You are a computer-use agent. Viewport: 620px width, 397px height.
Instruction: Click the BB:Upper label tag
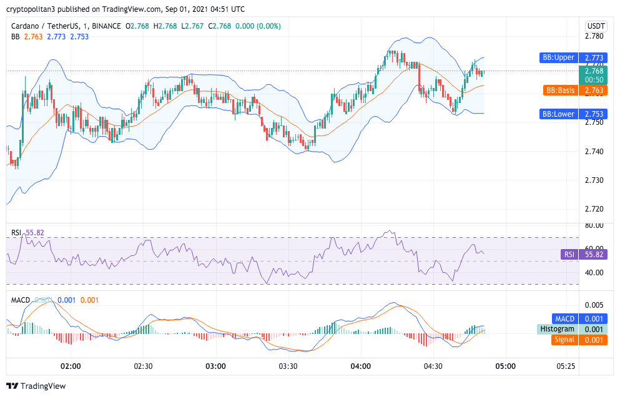[558, 58]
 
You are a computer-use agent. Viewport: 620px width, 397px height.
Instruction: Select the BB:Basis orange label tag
[559, 91]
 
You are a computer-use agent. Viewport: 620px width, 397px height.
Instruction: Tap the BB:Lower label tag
[558, 114]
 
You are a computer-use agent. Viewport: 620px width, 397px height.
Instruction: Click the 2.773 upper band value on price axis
[594, 58]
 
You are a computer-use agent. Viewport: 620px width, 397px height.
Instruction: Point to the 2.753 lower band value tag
[594, 114]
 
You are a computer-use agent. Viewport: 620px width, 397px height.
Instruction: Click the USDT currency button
[596, 26]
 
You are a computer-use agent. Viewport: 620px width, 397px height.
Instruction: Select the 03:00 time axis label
[215, 366]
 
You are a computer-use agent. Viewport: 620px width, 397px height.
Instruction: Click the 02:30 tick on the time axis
[143, 366]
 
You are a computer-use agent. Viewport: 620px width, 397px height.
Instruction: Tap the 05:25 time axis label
[566, 366]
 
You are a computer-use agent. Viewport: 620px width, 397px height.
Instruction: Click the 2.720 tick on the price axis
[594, 209]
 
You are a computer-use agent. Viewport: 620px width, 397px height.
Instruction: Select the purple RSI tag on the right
[569, 255]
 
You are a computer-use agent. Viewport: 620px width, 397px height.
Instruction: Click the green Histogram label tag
[557, 329]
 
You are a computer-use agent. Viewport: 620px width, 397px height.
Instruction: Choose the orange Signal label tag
[563, 340]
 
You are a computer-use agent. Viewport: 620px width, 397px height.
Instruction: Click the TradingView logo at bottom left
[36, 386]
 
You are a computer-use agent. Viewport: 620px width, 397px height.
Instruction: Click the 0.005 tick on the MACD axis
[594, 305]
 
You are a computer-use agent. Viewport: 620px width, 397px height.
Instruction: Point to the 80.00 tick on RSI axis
[594, 225]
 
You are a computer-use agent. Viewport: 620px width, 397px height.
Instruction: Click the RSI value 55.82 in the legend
[35, 233]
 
